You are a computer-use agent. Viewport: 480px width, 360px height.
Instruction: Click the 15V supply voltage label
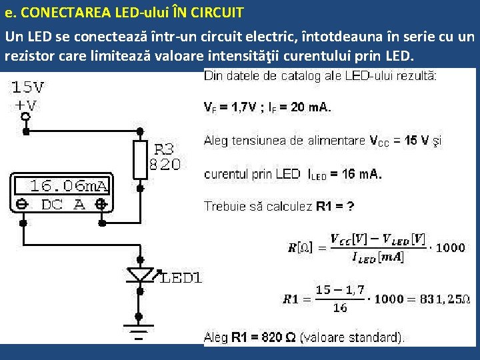pyautogui.click(x=28, y=87)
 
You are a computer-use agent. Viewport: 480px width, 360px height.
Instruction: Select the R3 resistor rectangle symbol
pyautogui.click(x=140, y=159)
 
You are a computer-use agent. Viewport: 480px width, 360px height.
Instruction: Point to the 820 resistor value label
pyautogui.click(x=165, y=164)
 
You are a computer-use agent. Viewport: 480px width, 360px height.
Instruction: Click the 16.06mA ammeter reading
pyautogui.click(x=69, y=185)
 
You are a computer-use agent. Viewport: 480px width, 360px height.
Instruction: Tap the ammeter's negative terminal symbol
pyautogui.click(x=21, y=205)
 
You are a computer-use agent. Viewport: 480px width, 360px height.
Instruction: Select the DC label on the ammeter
pyautogui.click(x=53, y=205)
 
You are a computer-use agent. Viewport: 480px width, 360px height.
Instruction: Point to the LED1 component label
pyautogui.click(x=181, y=278)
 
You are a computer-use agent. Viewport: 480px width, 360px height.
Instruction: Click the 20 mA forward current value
pyautogui.click(x=312, y=106)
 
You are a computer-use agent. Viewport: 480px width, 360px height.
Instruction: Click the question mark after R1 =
pyautogui.click(x=350, y=206)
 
